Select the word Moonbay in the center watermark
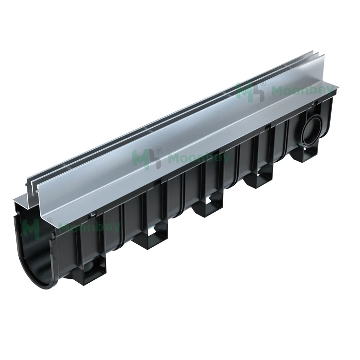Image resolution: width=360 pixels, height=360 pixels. [183, 158]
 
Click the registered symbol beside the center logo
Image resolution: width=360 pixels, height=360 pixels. [159, 151]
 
